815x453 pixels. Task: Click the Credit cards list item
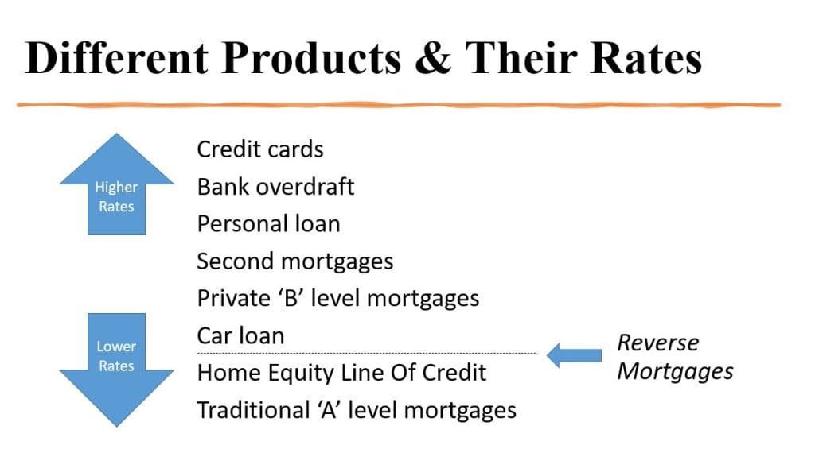coord(260,149)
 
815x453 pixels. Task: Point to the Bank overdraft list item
coord(275,187)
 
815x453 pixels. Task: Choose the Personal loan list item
coord(268,224)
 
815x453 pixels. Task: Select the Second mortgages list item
coord(294,261)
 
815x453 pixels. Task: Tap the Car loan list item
coord(240,335)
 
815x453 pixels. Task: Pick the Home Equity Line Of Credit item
coord(341,373)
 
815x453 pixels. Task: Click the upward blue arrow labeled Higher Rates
coord(116,187)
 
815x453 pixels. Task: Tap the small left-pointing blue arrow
coord(575,355)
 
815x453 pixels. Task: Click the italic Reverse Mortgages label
coord(675,357)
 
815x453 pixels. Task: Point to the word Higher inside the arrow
coord(116,188)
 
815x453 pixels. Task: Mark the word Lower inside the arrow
coord(116,347)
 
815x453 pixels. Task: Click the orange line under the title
coord(398,105)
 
